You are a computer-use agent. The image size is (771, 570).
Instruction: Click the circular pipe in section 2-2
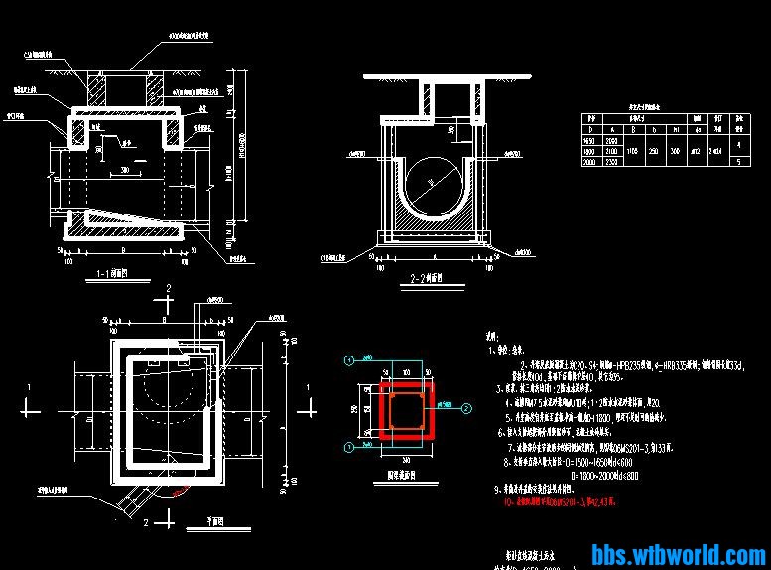coord(430,184)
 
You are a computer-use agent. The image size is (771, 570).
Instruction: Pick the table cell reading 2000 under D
coord(593,162)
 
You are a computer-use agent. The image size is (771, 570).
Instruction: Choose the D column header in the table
coord(593,130)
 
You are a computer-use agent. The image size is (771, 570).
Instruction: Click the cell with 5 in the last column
coord(738,162)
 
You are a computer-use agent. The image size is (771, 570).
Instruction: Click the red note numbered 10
coord(561,502)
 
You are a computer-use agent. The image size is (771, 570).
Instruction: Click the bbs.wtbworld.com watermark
coord(678,554)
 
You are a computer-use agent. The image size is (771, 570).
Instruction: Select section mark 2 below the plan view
coord(145,521)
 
